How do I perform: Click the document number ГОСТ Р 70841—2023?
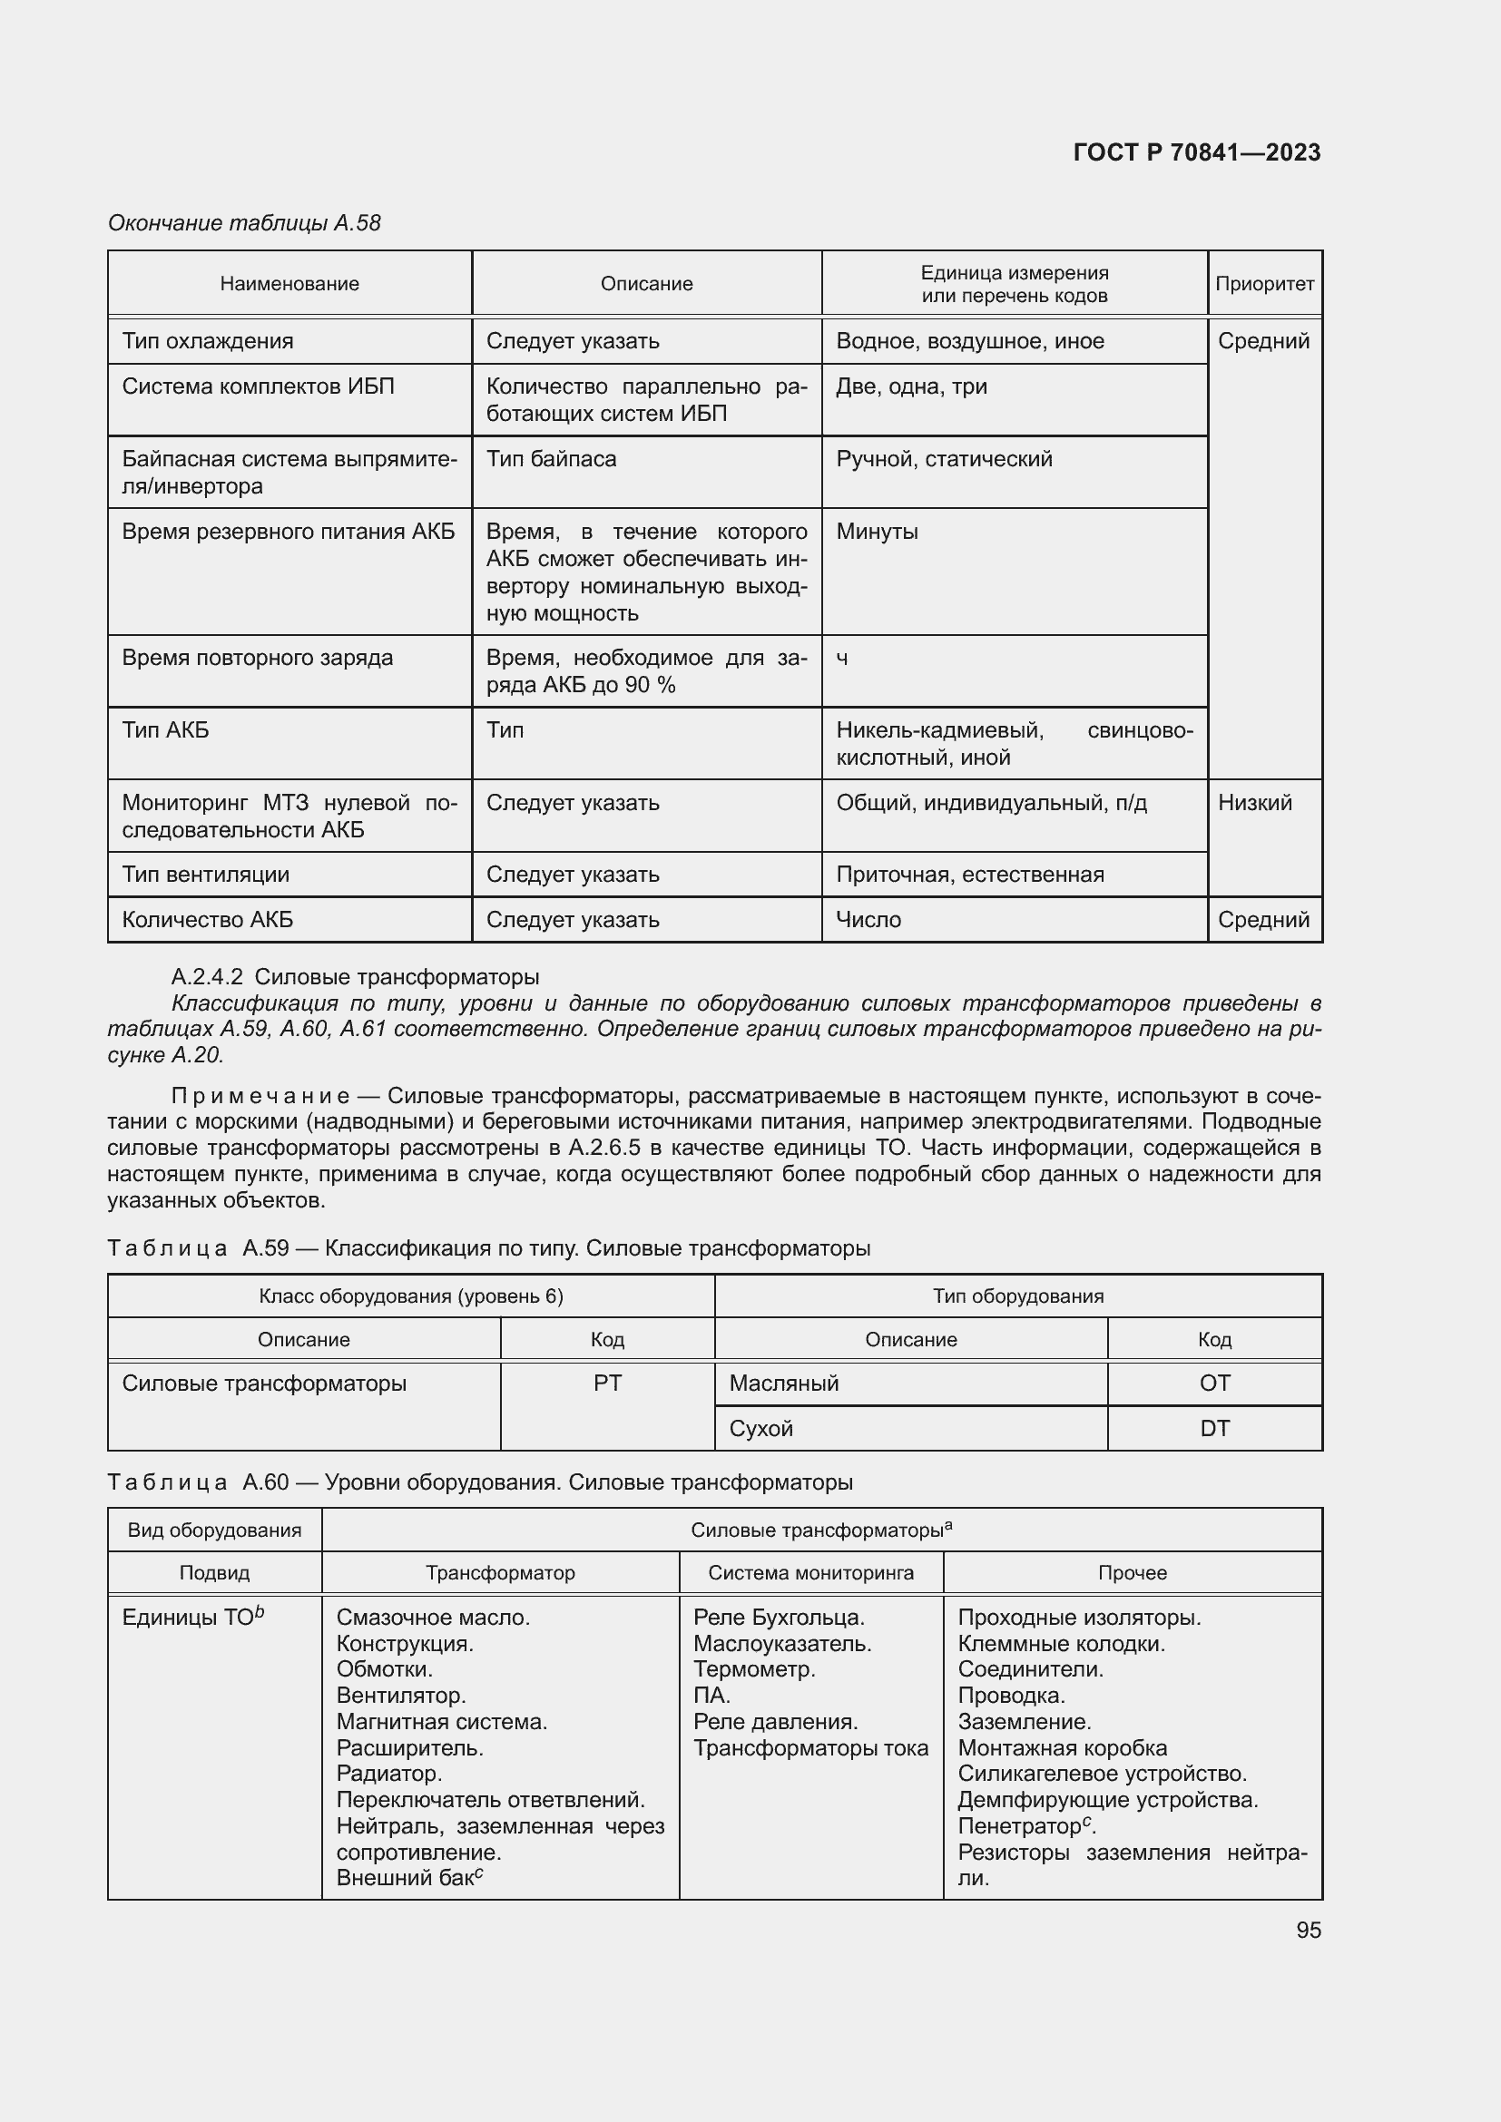click(x=1196, y=152)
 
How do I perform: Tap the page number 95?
click(x=1308, y=1930)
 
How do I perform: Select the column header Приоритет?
click(x=1263, y=284)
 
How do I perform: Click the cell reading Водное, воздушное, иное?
click(x=969, y=341)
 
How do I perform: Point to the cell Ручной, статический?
click(x=944, y=459)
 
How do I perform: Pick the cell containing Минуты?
click(x=877, y=532)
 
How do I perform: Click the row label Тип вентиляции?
click(x=205, y=875)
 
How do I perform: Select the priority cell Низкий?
click(x=1253, y=802)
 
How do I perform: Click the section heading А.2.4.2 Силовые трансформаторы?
click(x=355, y=976)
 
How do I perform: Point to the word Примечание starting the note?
click(x=260, y=1096)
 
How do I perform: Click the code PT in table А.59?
click(x=607, y=1384)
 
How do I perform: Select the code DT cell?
click(x=1213, y=1429)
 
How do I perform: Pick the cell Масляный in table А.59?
click(x=784, y=1384)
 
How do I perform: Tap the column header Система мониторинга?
click(x=810, y=1572)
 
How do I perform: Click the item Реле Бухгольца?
click(x=779, y=1618)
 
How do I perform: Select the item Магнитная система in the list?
click(x=442, y=1722)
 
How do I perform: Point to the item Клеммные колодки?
click(x=1060, y=1643)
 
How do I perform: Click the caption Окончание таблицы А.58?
click(x=244, y=223)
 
